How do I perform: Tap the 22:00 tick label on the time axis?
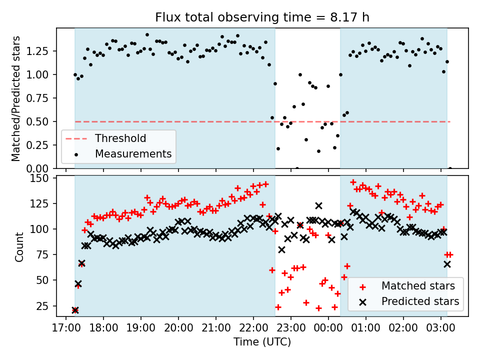coord(253,328)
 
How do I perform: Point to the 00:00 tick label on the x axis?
coord(328,328)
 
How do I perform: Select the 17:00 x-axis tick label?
coord(65,328)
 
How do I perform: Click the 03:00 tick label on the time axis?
coord(441,328)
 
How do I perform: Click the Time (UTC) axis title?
coord(262,342)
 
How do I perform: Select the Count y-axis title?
coord(19,246)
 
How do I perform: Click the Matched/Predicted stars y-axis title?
coord(16,98)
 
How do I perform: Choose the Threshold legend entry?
coord(120,138)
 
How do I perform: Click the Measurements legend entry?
coord(133,153)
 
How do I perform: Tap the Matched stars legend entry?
coord(418,286)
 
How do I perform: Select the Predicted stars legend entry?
coord(420,301)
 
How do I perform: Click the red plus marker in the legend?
coord(362,286)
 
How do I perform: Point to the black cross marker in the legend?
coord(362,301)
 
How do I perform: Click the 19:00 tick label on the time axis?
coord(140,328)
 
